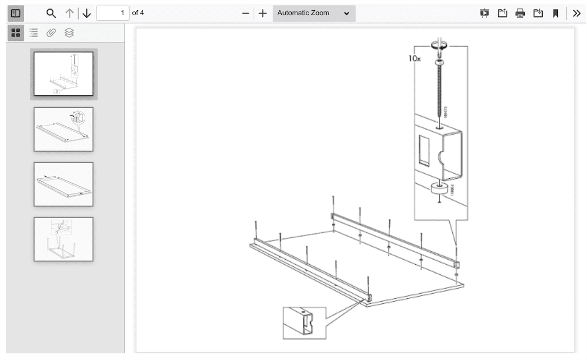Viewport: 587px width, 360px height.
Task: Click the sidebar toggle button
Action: (16, 13)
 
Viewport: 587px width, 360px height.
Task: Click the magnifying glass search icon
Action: (51, 13)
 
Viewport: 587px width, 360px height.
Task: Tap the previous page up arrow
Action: (70, 13)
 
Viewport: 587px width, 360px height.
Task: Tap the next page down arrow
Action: (86, 13)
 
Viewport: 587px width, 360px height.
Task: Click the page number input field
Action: (112, 13)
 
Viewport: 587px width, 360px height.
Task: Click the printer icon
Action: (520, 13)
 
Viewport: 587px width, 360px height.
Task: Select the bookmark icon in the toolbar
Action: (556, 13)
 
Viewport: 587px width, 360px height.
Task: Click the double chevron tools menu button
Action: (576, 13)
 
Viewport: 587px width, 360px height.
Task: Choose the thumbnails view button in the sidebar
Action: (16, 33)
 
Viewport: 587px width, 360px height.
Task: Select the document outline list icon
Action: (34, 33)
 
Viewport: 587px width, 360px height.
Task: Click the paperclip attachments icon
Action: (51, 33)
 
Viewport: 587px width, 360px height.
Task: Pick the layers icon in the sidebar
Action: (69, 33)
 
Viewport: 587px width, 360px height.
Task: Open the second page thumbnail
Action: (63, 129)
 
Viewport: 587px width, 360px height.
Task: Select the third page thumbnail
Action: (63, 184)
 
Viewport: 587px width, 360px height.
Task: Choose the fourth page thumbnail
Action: (63, 239)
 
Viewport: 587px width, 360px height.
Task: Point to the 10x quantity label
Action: (414, 58)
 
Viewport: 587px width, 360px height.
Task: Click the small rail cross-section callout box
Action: (304, 322)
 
